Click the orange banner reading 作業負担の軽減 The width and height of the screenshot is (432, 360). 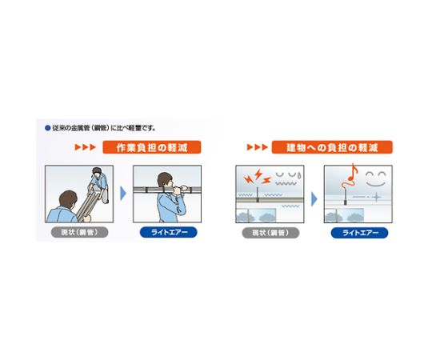(x=152, y=147)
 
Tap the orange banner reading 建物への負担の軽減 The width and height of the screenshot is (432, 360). (x=332, y=147)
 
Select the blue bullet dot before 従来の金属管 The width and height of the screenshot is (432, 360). (x=47, y=128)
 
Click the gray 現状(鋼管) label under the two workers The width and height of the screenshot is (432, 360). (x=80, y=232)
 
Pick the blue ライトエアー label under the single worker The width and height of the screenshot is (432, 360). (x=169, y=232)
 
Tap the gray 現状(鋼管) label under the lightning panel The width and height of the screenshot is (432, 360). (x=270, y=233)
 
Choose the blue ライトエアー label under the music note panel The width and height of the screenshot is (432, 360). (x=359, y=233)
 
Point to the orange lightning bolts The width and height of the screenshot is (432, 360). (x=258, y=177)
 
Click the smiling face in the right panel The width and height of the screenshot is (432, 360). (x=376, y=179)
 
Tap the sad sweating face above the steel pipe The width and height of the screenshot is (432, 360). (x=288, y=178)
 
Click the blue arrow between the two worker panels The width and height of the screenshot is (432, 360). (x=123, y=194)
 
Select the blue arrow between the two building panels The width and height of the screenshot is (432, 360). (x=314, y=199)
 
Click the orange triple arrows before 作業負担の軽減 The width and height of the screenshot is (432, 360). (x=85, y=147)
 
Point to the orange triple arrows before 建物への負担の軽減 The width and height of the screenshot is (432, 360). (x=258, y=147)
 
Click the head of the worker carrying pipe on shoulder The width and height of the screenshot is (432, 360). (x=165, y=181)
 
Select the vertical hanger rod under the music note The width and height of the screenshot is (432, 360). (x=345, y=195)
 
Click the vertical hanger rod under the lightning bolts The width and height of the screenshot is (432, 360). (x=258, y=194)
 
